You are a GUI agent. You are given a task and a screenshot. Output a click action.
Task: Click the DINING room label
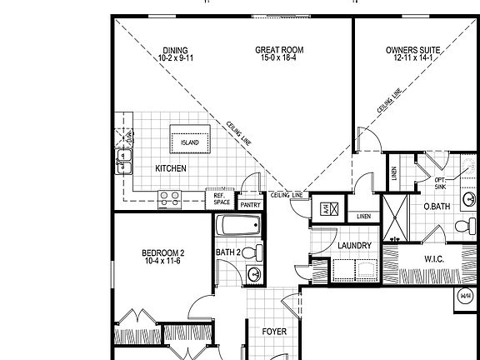175,50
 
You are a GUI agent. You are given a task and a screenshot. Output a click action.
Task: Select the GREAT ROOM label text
279,50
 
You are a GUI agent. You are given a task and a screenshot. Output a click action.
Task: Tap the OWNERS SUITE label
412,50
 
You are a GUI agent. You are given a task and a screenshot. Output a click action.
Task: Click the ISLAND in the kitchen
190,142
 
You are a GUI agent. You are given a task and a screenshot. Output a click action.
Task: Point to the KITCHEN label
171,168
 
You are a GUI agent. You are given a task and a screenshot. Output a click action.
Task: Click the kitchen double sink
125,160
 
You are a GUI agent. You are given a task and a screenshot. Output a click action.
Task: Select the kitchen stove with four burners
170,198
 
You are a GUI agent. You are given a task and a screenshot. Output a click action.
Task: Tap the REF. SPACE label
221,199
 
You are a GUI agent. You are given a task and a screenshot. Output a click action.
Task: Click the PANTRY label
250,204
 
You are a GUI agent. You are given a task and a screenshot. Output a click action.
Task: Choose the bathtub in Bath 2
238,227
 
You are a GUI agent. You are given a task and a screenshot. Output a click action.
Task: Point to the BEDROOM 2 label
162,252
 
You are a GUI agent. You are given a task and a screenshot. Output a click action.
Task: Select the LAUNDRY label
354,246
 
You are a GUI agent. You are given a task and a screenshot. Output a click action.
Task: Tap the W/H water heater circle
466,296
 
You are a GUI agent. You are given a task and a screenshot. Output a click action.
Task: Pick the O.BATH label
437,206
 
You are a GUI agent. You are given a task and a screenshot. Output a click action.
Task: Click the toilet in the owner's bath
462,226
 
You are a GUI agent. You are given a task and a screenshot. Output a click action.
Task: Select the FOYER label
274,332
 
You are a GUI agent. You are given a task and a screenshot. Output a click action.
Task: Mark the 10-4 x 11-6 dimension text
162,262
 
